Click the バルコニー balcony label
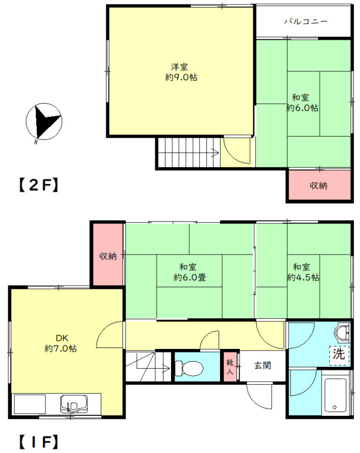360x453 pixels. tap(306, 21)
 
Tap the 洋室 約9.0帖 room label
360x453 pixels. tap(181, 72)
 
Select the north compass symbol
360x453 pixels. tap(44, 121)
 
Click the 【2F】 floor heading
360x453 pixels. tap(38, 185)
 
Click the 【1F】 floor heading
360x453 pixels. tap(38, 442)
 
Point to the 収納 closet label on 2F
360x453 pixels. tap(318, 186)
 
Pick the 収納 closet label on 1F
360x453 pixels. tap(108, 256)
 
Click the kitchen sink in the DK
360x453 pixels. tap(74, 404)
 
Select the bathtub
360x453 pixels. tap(335, 395)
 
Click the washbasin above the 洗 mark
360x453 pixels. tap(342, 333)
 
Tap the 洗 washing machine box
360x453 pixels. tap(339, 355)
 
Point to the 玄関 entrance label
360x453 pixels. tap(262, 365)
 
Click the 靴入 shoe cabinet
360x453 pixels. tap(230, 366)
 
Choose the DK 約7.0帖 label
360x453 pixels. tap(61, 343)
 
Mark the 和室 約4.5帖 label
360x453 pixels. tap(303, 272)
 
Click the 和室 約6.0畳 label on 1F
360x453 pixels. tap(189, 272)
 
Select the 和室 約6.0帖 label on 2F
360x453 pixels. tap(302, 103)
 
